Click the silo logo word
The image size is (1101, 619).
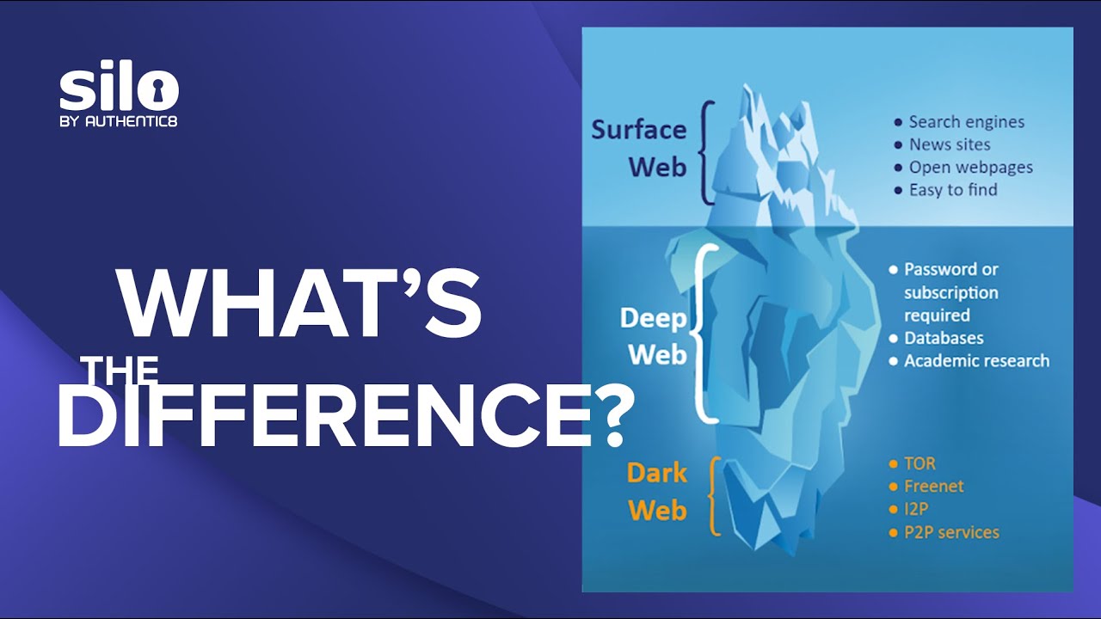(x=119, y=89)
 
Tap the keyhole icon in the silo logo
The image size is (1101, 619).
(x=161, y=89)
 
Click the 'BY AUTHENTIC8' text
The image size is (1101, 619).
(x=119, y=121)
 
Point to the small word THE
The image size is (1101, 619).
(x=120, y=371)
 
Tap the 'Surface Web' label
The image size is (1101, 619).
(x=639, y=148)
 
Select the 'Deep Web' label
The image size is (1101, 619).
(x=654, y=336)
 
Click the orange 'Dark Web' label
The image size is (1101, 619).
(x=657, y=492)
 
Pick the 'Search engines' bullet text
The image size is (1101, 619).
(x=966, y=122)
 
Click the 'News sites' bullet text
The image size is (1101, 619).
(x=950, y=144)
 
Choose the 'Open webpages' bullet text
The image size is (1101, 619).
(x=970, y=168)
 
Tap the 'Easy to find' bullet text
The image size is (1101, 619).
(x=953, y=190)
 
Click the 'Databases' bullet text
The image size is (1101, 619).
(x=944, y=338)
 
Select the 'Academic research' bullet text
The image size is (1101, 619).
(x=976, y=361)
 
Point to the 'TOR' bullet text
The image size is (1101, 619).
(x=920, y=464)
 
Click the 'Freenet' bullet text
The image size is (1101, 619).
(x=933, y=487)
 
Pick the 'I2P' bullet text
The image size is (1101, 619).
(x=916, y=510)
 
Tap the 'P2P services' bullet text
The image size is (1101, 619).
(x=951, y=533)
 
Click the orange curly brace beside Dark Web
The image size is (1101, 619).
(x=714, y=496)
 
